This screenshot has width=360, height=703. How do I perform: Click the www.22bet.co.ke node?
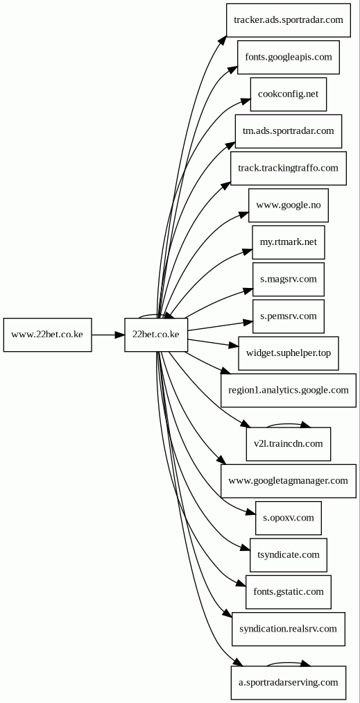tap(48, 335)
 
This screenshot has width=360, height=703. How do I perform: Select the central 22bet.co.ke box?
tap(156, 335)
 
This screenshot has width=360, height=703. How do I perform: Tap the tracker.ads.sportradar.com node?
tap(289, 20)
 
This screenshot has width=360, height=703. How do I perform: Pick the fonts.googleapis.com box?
tap(289, 58)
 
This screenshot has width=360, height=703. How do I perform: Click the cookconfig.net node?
tap(289, 94)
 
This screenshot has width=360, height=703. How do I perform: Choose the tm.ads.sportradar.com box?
tap(289, 131)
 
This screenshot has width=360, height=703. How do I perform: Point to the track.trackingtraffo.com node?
tap(289, 168)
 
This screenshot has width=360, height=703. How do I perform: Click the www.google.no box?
tap(289, 205)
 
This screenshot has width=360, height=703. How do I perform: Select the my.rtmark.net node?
tap(289, 242)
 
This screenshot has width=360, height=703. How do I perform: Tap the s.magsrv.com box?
tap(289, 279)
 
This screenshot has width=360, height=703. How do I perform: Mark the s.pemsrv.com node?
tap(289, 316)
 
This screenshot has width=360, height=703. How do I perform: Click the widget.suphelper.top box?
tap(289, 353)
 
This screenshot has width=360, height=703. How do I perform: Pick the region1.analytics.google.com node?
tap(289, 391)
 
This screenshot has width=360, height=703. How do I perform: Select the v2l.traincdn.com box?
tap(289, 444)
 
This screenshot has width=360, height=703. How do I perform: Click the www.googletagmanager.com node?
tap(289, 481)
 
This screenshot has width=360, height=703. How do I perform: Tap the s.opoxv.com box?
tap(289, 518)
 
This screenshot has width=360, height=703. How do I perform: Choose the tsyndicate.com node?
tap(289, 555)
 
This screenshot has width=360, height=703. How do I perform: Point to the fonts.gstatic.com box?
tap(289, 592)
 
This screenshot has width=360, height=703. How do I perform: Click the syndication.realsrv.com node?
tap(289, 629)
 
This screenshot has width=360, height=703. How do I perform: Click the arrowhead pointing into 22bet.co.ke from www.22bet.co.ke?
tap(120, 335)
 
